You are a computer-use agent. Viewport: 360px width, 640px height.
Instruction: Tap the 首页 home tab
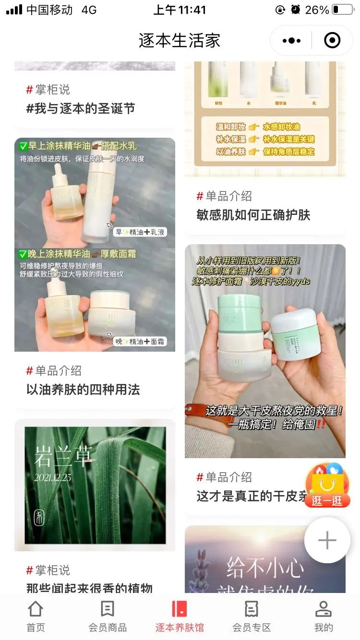pyautogui.click(x=36, y=616)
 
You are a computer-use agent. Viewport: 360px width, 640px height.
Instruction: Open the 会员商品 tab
pyautogui.click(x=108, y=616)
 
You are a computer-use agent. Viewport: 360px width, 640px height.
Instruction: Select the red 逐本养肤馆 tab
pyautogui.click(x=180, y=616)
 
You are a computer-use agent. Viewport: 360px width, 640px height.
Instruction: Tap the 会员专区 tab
pyautogui.click(x=252, y=616)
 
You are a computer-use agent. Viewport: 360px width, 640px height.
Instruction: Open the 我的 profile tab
pyautogui.click(x=323, y=616)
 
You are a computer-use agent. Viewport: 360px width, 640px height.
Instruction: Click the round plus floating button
pyautogui.click(x=327, y=540)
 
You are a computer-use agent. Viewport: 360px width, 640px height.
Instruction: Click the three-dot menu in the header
pyautogui.click(x=291, y=41)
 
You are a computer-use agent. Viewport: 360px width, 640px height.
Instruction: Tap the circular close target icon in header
pyautogui.click(x=332, y=41)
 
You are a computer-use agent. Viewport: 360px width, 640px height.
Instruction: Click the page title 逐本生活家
pyautogui.click(x=180, y=41)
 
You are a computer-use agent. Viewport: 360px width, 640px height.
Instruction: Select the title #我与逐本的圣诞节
pyautogui.click(x=81, y=108)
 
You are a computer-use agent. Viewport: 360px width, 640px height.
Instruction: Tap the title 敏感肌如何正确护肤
pyautogui.click(x=253, y=215)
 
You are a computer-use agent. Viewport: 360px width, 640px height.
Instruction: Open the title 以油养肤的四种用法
pyautogui.click(x=83, y=390)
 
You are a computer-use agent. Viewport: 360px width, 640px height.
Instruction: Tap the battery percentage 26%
pyautogui.click(x=317, y=10)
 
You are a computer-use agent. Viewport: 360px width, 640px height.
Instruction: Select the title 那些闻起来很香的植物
pyautogui.click(x=89, y=588)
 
